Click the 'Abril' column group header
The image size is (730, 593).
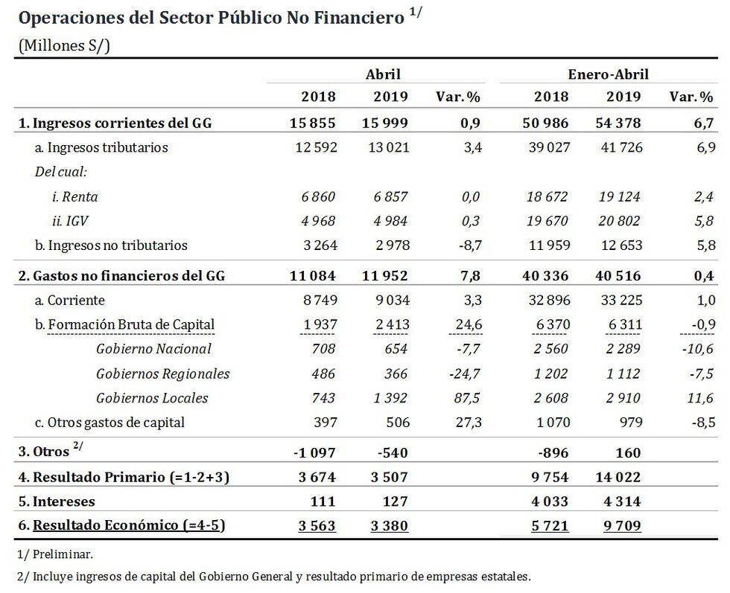coord(383,74)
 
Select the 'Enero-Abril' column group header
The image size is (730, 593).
coord(609,74)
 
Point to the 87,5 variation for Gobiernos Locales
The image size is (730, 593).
coord(469,398)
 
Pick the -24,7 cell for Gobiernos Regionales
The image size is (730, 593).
coord(466,374)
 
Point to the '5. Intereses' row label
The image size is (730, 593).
coord(57,501)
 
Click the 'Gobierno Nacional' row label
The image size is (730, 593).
coord(153,349)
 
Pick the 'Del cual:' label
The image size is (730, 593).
coord(61,172)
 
